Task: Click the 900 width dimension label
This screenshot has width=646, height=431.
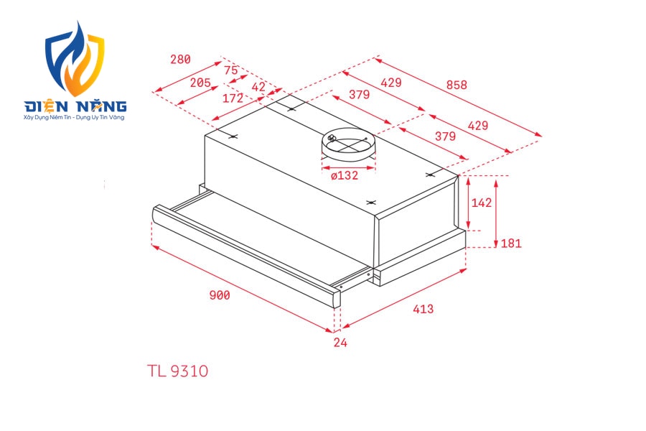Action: coord(220,295)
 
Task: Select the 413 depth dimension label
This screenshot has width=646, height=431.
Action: coord(423,309)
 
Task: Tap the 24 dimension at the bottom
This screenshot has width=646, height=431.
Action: coord(340,343)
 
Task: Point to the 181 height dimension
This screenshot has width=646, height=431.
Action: coord(511,244)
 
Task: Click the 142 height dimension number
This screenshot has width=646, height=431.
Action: coord(482,203)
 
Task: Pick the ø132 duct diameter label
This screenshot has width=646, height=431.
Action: coord(345,176)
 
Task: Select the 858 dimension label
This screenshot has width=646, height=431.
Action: coord(457,85)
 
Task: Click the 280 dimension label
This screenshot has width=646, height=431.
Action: coord(180,60)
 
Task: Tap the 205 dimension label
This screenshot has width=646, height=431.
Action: coord(200,83)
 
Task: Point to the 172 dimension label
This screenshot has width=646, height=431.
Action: coord(233,98)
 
